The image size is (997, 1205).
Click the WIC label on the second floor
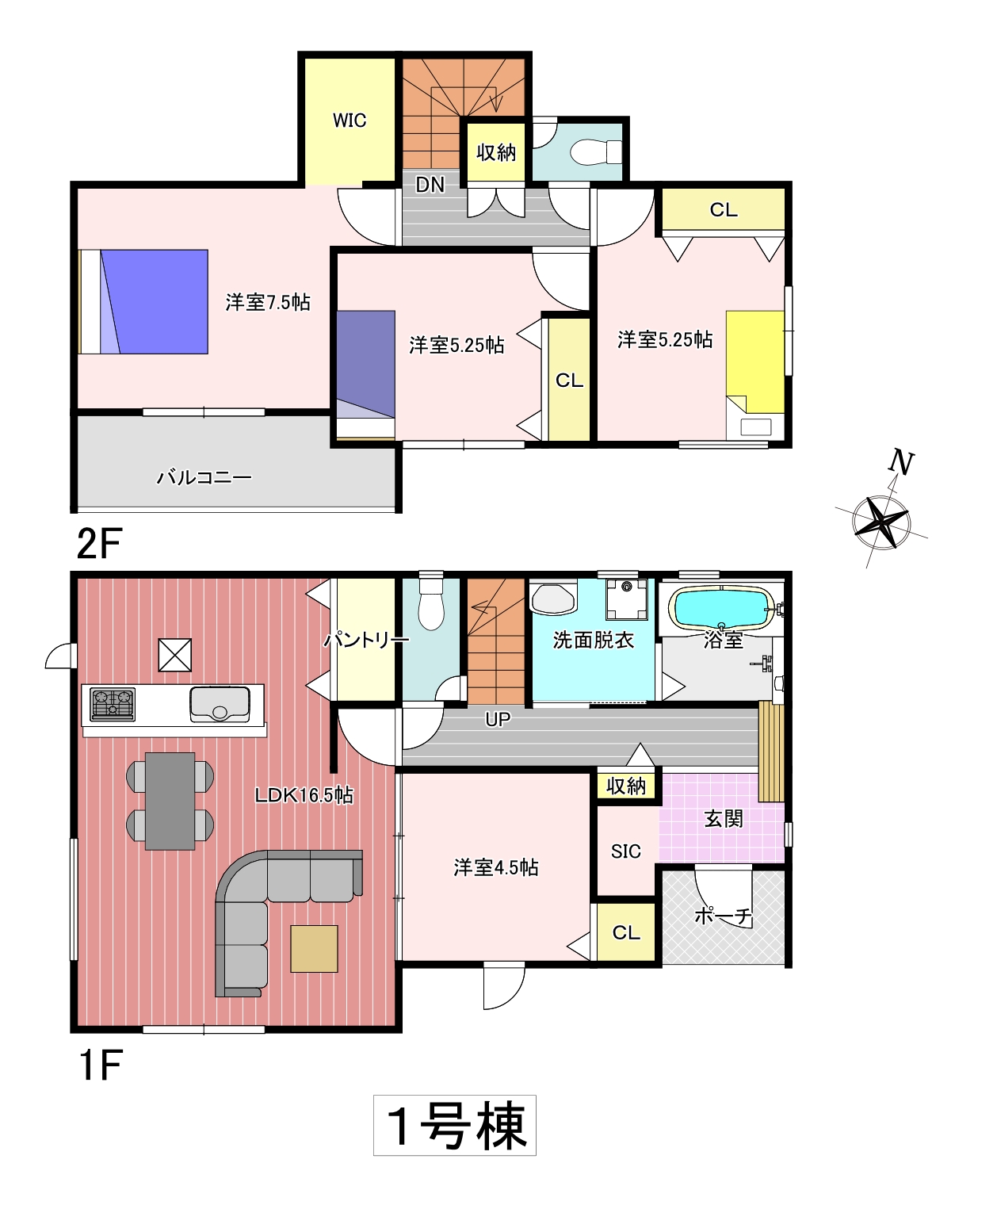pos(350,120)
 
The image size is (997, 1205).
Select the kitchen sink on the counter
pos(220,704)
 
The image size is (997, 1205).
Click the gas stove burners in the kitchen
pos(113,704)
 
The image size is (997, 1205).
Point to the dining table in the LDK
pos(170,801)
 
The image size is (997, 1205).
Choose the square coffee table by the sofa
pos(314,949)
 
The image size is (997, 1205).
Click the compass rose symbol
pos(881,523)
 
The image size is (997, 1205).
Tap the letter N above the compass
pos(901,463)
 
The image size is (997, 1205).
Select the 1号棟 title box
pos(455,1126)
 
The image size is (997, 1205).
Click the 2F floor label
pos(99,544)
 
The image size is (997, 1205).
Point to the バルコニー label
pos(204,478)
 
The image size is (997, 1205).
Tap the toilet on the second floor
pos(595,153)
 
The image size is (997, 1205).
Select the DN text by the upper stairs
pos(430,185)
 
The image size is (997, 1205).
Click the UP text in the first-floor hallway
pos(498,719)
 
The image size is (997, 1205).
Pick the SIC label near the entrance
pos(626,851)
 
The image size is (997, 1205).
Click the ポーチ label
pos(724,916)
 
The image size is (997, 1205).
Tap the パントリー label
pos(366,640)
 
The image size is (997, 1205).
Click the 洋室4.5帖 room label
pos(496,867)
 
